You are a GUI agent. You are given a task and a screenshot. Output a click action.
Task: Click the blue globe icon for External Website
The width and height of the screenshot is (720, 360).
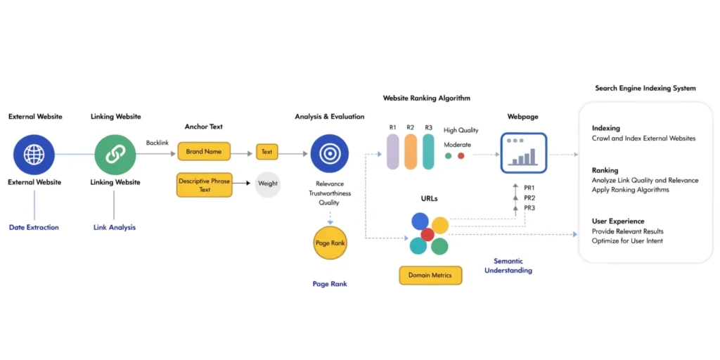click(34, 154)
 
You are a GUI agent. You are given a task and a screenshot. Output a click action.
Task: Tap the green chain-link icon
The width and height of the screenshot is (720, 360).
click(115, 154)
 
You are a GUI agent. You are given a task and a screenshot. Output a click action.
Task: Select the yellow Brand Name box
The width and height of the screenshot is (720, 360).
click(204, 152)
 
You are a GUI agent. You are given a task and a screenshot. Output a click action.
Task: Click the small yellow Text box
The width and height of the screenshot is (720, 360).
click(267, 152)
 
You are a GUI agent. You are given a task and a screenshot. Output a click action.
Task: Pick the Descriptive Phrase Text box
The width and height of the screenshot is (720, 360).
click(205, 185)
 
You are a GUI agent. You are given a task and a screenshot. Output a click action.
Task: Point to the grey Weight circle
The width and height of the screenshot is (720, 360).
click(268, 184)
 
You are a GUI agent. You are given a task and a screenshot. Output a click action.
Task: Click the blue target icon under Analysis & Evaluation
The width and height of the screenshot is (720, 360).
click(329, 153)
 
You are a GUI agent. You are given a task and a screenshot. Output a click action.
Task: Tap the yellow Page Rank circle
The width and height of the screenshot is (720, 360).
click(329, 243)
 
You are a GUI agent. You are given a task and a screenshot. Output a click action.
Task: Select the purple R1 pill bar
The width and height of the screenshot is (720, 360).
click(393, 151)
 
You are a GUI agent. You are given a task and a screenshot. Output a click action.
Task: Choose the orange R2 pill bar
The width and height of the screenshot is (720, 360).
click(411, 151)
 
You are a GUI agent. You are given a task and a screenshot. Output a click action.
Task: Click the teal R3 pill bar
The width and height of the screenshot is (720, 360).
click(428, 151)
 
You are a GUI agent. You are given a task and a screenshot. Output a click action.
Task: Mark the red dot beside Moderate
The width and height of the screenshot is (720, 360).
click(461, 155)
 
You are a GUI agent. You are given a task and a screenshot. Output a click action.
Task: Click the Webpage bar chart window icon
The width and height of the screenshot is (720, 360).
click(524, 153)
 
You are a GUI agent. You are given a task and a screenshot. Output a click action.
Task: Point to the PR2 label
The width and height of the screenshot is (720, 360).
click(529, 198)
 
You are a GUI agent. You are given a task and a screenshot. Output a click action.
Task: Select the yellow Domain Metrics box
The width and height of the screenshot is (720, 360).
click(430, 275)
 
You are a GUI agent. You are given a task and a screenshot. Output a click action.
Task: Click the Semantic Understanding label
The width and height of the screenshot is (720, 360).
click(508, 266)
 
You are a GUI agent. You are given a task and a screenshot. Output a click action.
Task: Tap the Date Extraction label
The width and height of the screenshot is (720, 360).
click(34, 228)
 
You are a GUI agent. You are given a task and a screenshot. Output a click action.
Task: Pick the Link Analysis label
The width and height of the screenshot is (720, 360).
click(115, 228)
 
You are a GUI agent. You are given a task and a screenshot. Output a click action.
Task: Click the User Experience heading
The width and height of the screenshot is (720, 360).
click(618, 221)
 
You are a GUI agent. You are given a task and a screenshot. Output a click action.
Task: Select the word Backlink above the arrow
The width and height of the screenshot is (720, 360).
click(157, 143)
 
